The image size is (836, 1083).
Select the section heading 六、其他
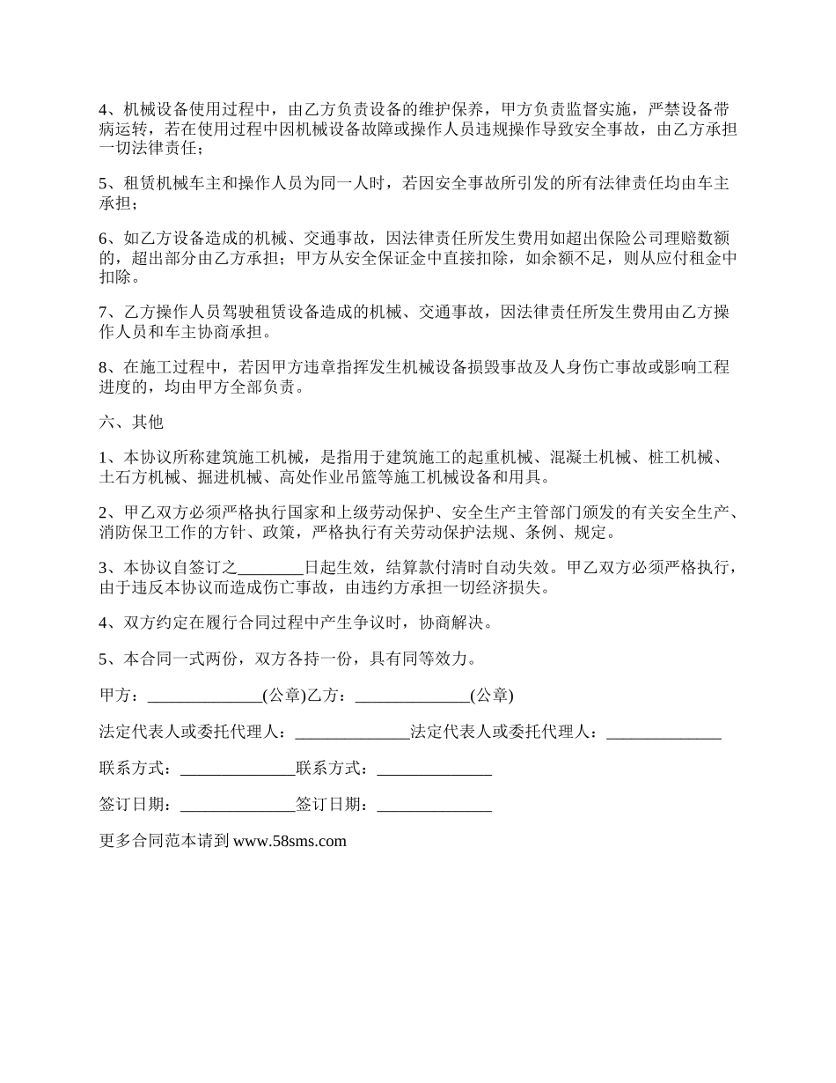click(132, 422)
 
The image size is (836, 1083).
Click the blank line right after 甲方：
click(204, 696)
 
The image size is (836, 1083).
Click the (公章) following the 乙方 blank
click(491, 696)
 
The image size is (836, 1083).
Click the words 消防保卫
click(132, 533)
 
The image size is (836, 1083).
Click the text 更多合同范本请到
click(165, 841)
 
